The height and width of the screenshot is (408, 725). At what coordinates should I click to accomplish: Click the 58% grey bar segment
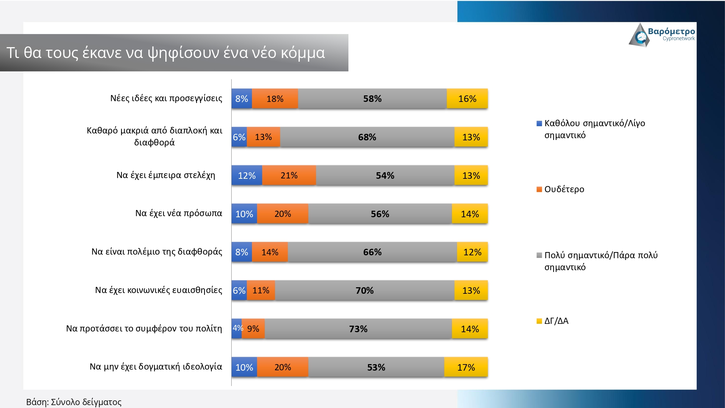372,99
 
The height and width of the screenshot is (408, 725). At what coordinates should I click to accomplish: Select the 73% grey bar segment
358,329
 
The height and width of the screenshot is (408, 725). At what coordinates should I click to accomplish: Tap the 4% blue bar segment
237,329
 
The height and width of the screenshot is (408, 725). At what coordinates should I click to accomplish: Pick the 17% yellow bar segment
466,367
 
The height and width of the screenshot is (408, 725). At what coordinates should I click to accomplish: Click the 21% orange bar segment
289,176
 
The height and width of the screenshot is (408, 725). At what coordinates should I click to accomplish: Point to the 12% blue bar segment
247,176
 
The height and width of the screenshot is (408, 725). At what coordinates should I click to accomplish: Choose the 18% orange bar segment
275,99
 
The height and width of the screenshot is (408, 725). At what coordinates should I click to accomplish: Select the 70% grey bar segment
364,290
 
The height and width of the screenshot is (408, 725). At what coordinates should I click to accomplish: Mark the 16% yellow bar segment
467,99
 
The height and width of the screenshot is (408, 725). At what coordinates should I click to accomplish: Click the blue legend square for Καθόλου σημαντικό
539,123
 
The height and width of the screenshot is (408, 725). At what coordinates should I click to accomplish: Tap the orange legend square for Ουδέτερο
539,189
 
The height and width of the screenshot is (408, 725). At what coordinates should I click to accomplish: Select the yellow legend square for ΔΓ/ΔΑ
539,321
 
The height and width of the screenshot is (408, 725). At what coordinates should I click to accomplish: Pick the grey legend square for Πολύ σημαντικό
539,255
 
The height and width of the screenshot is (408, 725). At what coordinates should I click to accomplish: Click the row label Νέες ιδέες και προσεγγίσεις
166,98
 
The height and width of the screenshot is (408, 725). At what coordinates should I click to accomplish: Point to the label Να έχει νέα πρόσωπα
178,213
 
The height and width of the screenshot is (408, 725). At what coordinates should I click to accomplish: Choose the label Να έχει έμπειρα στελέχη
166,175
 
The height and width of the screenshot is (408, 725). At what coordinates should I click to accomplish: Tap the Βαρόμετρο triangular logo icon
639,36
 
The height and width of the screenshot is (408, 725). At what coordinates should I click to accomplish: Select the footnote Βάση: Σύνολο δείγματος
74,402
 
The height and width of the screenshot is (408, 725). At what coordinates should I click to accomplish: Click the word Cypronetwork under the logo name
679,39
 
